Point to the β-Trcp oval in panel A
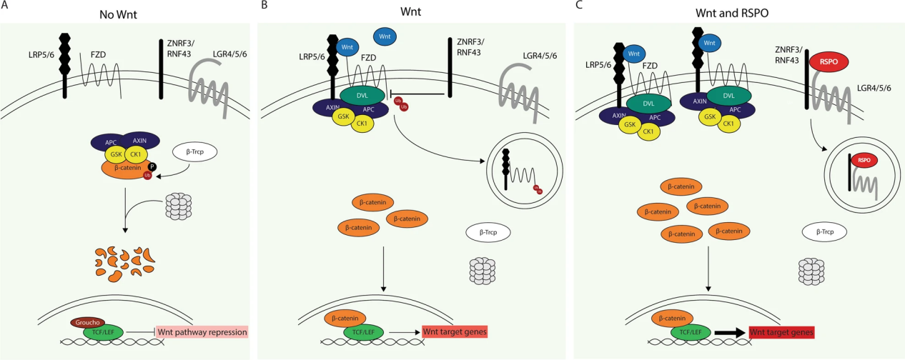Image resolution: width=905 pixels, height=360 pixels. pos(194,152)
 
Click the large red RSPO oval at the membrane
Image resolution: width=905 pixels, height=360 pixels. pos(824,62)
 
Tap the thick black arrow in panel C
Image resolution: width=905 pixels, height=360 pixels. pos(728,333)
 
